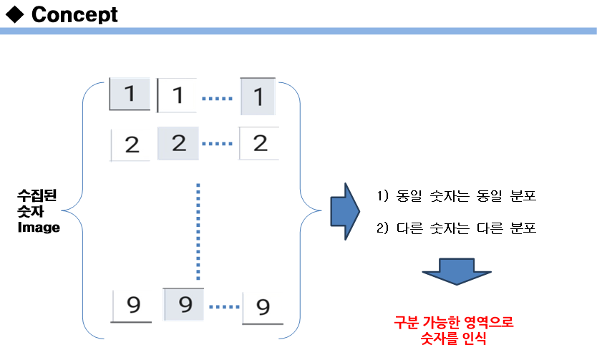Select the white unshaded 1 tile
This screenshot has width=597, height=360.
click(x=177, y=95)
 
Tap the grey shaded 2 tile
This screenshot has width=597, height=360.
click(x=179, y=143)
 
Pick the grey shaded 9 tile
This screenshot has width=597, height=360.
click(x=185, y=305)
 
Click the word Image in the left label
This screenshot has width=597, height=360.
click(x=39, y=228)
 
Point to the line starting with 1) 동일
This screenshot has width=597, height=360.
click(x=456, y=196)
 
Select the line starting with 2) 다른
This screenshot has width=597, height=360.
click(x=456, y=229)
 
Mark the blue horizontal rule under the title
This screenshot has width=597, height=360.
click(x=298, y=31)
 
